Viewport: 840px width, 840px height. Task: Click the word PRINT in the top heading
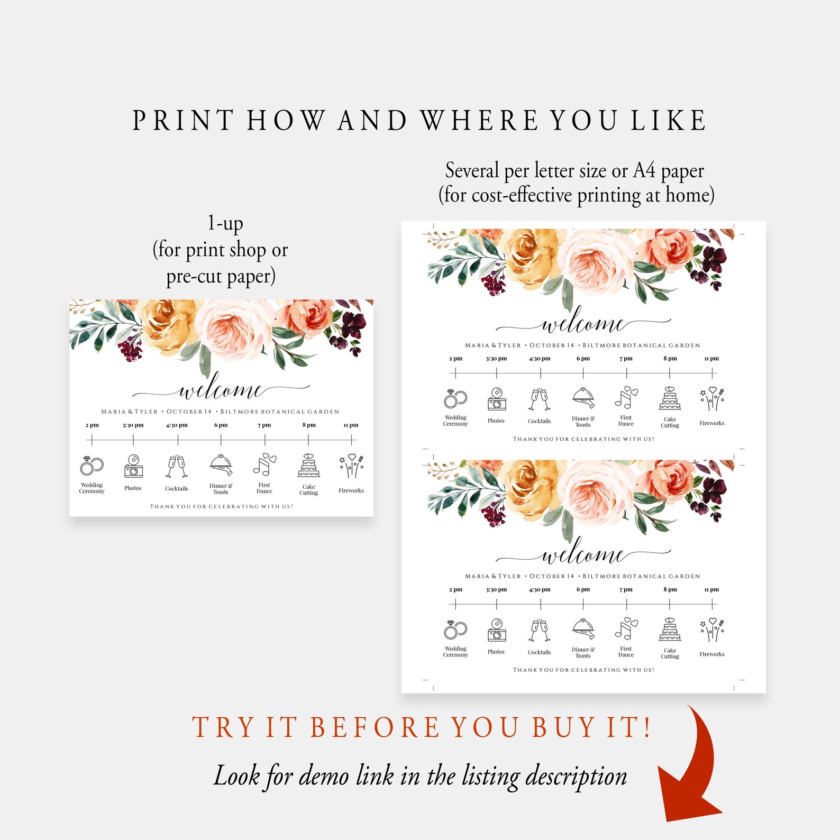click(x=183, y=121)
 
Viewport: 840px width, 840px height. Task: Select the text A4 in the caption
click(x=644, y=171)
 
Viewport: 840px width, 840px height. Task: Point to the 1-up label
click(x=225, y=224)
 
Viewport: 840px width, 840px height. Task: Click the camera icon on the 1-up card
click(x=133, y=466)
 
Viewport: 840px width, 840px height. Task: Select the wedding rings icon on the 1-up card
click(x=92, y=466)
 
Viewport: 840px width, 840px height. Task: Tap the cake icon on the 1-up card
click(x=308, y=465)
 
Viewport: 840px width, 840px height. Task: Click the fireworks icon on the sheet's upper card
click(x=712, y=399)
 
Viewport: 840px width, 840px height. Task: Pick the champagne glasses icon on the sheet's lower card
click(x=540, y=630)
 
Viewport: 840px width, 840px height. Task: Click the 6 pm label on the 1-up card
click(x=221, y=425)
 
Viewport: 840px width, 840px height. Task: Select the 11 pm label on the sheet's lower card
click(x=711, y=589)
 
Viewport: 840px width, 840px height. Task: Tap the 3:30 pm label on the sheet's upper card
click(x=496, y=358)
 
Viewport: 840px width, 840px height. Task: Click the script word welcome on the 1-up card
click(x=221, y=390)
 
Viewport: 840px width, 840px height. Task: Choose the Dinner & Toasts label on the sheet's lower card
click(x=583, y=652)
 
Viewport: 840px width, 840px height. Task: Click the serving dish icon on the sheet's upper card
click(x=583, y=397)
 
